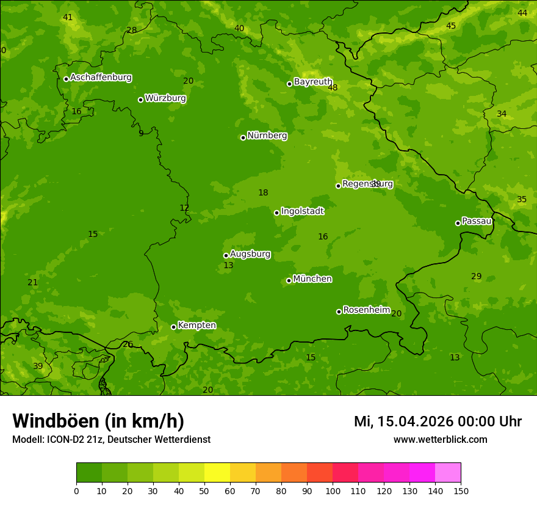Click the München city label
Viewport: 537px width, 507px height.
[312, 279]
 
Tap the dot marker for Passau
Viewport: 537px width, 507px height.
[458, 223]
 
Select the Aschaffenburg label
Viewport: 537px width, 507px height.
[101, 78]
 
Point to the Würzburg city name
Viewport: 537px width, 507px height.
[165, 98]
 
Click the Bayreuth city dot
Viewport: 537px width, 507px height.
[289, 84]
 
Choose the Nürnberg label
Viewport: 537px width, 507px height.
[267, 136]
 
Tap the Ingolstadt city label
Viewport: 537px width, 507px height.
[302, 211]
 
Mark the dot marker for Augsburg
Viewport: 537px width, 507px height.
[226, 255]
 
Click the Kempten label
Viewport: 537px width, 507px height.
[196, 326]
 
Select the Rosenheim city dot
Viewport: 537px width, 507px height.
[339, 312]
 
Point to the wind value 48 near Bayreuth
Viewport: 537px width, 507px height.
[333, 88]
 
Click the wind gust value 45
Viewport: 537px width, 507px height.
[451, 26]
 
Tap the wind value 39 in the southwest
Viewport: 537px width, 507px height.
[38, 366]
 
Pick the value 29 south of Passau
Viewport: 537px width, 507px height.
[477, 277]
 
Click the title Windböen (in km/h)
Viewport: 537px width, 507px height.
[98, 421]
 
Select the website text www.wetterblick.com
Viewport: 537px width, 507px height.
[440, 439]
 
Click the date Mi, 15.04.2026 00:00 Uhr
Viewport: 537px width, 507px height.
[438, 421]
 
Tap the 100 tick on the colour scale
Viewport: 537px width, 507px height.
[333, 491]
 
